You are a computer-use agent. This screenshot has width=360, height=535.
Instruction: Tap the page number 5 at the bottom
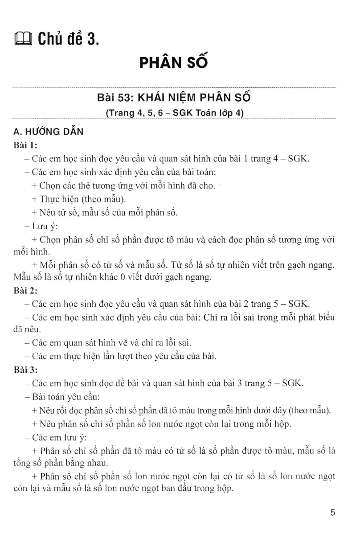(x=332, y=513)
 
